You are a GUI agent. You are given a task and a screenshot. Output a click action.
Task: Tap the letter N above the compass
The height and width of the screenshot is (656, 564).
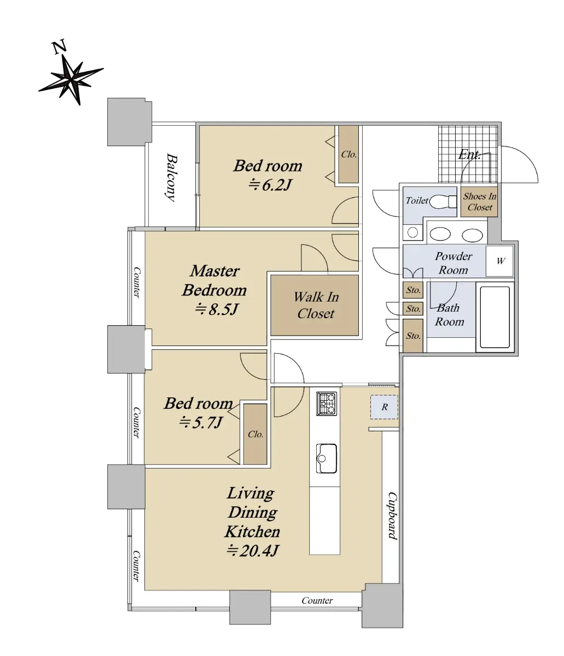click(59, 46)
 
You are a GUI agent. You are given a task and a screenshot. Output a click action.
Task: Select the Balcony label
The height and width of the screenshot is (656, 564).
click(171, 178)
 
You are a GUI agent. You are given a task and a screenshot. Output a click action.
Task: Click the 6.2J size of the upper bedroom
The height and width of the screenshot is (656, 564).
click(270, 185)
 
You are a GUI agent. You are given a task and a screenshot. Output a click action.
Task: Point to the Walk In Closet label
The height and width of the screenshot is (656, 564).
click(316, 305)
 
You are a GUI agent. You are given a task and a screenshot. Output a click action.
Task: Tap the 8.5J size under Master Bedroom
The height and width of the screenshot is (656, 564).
click(216, 309)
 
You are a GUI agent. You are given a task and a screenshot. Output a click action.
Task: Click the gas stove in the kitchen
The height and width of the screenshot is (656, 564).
click(326, 403)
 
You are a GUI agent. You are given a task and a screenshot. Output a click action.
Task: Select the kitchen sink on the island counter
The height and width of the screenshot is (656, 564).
click(326, 458)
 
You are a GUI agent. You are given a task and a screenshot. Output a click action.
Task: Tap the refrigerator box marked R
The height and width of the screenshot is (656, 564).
click(384, 407)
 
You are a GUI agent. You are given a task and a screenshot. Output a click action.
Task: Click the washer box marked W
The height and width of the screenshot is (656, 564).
click(499, 261)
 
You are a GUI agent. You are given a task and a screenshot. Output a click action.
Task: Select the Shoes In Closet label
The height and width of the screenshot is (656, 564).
click(479, 202)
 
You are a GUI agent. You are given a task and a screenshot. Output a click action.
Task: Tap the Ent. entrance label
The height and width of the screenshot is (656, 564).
click(469, 155)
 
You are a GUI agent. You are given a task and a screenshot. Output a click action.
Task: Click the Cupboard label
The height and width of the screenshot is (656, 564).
click(393, 516)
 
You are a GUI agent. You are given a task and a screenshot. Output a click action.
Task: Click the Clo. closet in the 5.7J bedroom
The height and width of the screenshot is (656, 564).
click(255, 434)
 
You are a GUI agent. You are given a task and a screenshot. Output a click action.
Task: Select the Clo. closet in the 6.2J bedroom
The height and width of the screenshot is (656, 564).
click(348, 154)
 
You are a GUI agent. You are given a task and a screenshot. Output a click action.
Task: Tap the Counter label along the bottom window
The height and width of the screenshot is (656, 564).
click(317, 600)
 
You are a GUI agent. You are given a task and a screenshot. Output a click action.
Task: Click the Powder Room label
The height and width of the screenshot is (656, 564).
click(453, 263)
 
